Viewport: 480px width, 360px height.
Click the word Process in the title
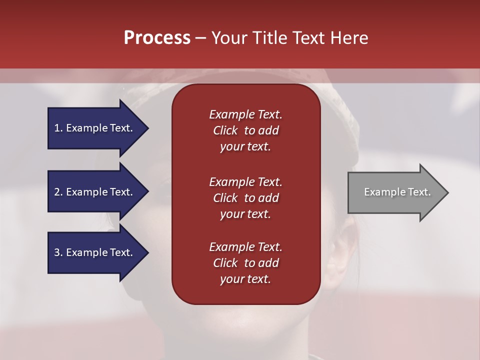click(x=157, y=37)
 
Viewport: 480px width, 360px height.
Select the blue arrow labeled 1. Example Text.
click(x=95, y=128)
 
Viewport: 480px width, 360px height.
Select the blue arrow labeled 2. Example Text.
click(x=95, y=192)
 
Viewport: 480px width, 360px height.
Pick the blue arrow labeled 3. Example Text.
click(x=95, y=252)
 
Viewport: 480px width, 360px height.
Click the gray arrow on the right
click(x=395, y=192)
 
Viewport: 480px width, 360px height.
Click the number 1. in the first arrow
click(x=58, y=128)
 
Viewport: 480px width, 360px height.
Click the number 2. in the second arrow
click(x=58, y=192)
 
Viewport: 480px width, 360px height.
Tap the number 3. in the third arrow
click(x=58, y=252)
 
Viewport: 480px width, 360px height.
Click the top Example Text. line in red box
click(x=245, y=114)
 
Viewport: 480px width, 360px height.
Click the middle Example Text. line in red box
click(x=245, y=182)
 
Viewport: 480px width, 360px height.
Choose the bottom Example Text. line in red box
click(x=245, y=247)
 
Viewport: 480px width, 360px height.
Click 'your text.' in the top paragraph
click(x=245, y=146)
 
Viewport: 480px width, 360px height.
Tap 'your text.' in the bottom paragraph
click(x=245, y=279)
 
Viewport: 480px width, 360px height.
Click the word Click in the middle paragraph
click(x=225, y=198)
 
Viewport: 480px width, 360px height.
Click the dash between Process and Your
click(x=200, y=38)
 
